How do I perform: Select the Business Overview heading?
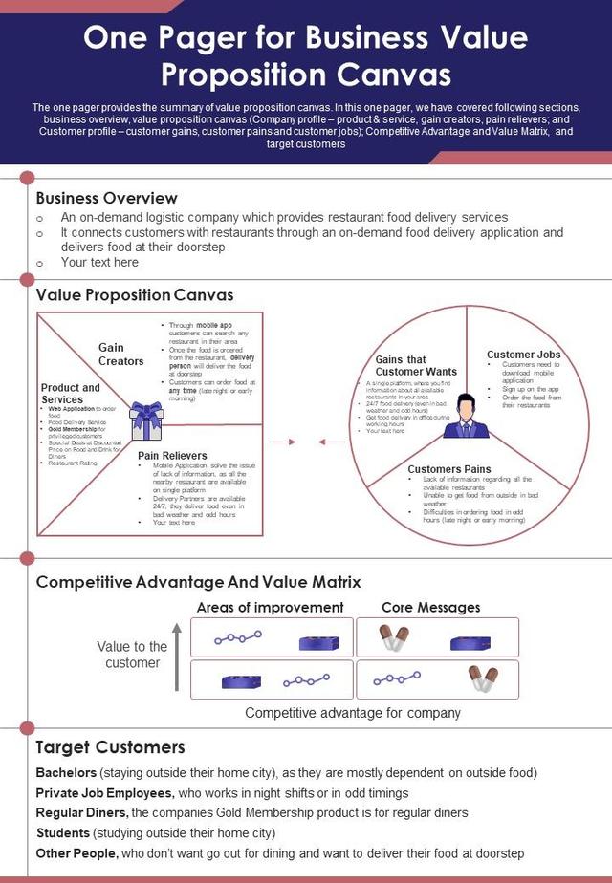coord(106,198)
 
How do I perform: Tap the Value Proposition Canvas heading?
coord(134,295)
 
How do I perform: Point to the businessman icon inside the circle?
coord(466,417)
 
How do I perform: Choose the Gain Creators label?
coord(120,355)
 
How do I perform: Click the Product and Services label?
coord(70,394)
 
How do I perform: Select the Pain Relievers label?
coord(172,456)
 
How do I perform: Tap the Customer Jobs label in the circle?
coord(523,355)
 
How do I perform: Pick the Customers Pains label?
coord(449,469)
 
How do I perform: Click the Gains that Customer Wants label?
coord(416,365)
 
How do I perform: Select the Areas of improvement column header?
coord(270,607)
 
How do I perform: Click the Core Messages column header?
coord(430,607)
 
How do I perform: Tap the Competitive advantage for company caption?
coord(353,713)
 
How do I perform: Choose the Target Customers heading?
coord(110,747)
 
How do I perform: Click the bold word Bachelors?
coord(66,772)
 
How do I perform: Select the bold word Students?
coord(63,832)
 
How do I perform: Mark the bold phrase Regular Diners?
coord(80,812)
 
